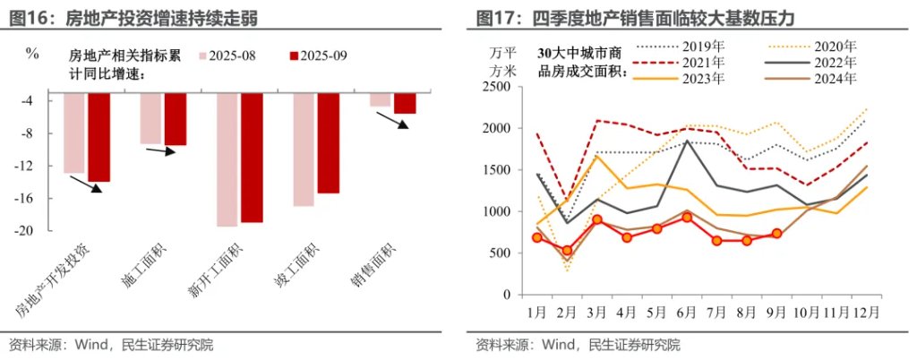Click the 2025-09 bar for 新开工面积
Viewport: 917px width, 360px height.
pos(252,157)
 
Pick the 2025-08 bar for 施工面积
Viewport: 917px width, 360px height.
pos(150,117)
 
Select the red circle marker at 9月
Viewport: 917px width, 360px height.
pos(776,234)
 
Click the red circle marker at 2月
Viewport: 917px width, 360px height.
pos(566,251)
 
